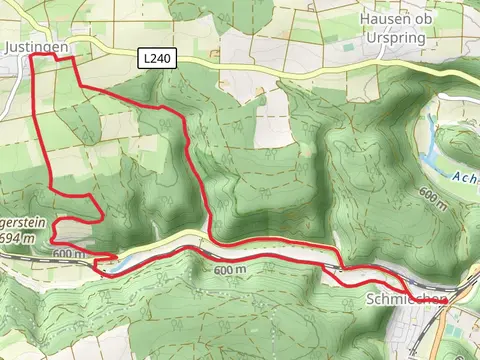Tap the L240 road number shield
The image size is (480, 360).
point(157,60)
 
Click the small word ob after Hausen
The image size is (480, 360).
point(431,19)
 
